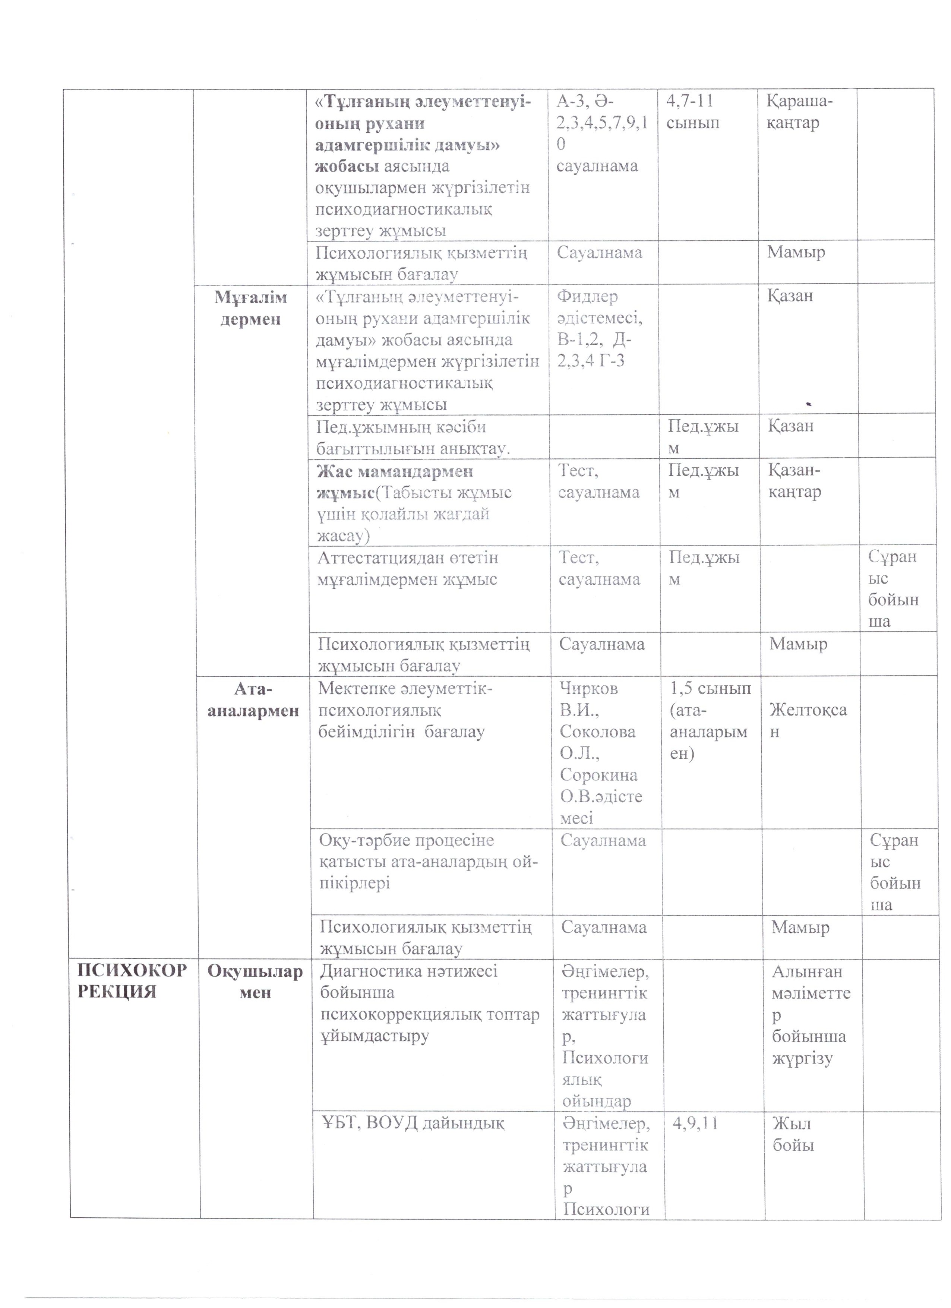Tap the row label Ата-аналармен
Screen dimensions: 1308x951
(x=253, y=699)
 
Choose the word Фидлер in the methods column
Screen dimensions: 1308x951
(x=587, y=296)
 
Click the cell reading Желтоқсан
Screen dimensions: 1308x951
(x=808, y=720)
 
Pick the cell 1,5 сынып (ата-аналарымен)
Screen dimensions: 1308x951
(x=710, y=720)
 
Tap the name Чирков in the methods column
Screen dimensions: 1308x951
(x=588, y=689)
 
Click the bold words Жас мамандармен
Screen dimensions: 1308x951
(x=395, y=472)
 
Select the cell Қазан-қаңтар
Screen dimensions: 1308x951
(x=794, y=481)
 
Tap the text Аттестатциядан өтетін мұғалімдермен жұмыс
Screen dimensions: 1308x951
(x=408, y=569)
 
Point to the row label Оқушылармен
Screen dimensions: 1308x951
(x=255, y=982)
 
